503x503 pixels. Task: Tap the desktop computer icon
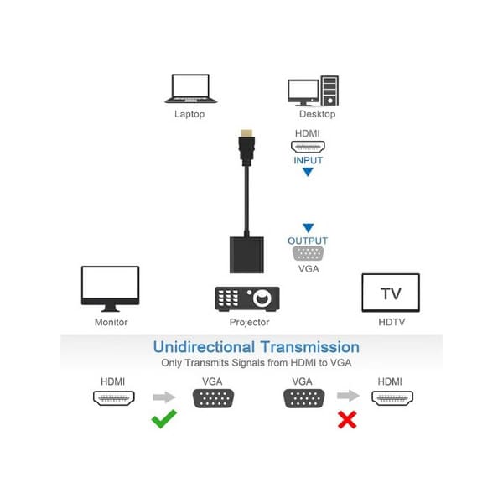point(312,90)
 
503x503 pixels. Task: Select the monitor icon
point(110,288)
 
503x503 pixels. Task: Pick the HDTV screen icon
point(391,293)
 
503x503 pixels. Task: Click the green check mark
point(164,419)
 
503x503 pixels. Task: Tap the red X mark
point(347,419)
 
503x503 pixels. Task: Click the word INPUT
point(308,160)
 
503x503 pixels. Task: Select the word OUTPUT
point(308,241)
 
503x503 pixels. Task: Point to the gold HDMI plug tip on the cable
point(246,133)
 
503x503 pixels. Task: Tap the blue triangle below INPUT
point(308,173)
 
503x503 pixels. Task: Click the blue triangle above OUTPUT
point(308,227)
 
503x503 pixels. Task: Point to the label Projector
point(249,322)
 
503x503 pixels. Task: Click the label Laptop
point(189,114)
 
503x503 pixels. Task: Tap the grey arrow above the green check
point(165,397)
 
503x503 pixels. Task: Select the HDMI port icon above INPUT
point(308,146)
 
